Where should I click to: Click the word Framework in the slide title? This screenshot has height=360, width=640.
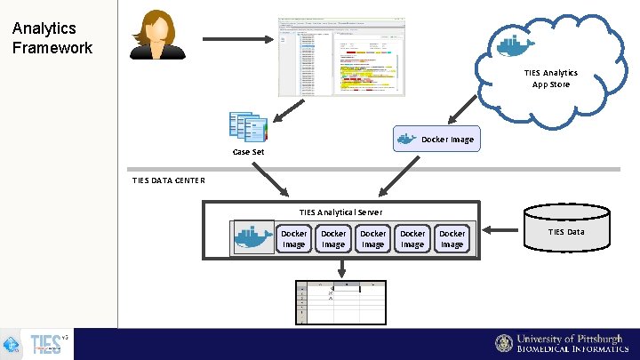52,48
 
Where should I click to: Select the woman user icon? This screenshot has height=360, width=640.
157,35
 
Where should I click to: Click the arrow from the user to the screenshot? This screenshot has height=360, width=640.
237,39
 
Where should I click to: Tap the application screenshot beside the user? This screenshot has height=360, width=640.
340,55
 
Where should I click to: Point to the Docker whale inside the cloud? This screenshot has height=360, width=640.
515,44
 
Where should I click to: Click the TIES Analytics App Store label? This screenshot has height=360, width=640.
550,78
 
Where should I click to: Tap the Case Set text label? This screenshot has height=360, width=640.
248,152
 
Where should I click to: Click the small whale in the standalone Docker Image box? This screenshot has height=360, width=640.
406,139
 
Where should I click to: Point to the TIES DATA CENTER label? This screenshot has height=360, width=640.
168,180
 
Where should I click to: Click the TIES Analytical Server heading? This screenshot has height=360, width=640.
340,212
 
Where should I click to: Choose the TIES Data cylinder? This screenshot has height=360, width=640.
567,231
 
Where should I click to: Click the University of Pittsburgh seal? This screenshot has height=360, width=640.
504,344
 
